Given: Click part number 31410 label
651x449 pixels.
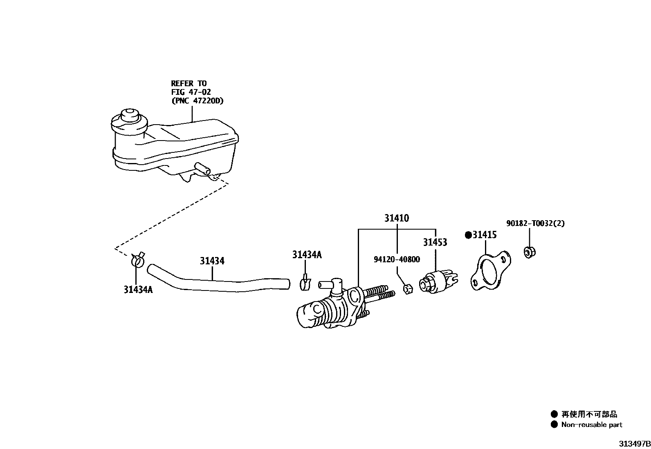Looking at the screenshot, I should [x=396, y=218].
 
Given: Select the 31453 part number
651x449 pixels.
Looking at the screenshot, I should [x=435, y=242].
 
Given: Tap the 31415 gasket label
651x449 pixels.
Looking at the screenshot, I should [x=485, y=235].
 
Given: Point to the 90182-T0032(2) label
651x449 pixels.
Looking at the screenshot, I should [x=535, y=223].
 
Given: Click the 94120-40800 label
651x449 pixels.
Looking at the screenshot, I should [x=397, y=259].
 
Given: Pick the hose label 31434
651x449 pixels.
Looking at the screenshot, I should [x=212, y=261].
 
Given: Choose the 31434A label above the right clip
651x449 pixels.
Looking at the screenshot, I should [x=307, y=255].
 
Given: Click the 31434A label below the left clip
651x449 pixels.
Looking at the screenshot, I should [x=138, y=290].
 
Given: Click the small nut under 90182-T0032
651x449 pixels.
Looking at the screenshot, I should [x=530, y=252].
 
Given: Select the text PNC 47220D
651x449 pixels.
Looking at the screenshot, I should [x=197, y=101].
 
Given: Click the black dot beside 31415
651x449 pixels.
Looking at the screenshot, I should [x=468, y=235].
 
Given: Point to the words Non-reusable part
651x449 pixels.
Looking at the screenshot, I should [x=592, y=425].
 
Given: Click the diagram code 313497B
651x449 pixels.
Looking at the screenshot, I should [x=634, y=444].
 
